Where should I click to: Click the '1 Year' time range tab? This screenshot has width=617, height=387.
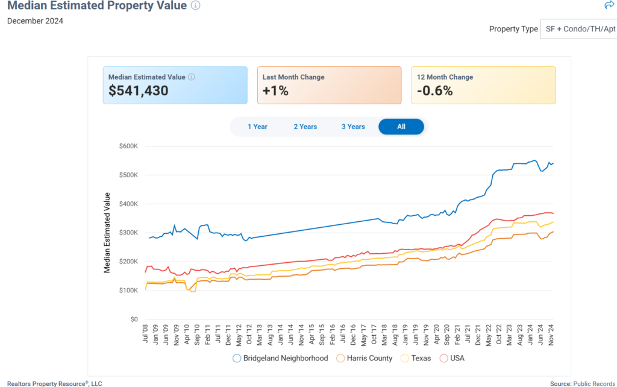coord(257,127)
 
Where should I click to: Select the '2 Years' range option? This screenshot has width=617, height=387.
coord(305,127)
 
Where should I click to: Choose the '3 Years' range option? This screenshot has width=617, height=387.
coord(353,127)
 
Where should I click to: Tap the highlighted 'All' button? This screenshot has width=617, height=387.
coord(401,127)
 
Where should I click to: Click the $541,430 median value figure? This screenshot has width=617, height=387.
coord(139,91)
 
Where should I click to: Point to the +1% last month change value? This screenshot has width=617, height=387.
coord(275,91)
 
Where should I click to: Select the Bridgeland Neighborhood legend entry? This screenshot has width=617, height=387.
coord(280,358)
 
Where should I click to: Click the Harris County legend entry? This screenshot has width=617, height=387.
coord(365,358)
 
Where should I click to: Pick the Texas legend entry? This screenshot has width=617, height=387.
coord(416,358)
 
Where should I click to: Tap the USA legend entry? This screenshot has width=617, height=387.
coord(452,358)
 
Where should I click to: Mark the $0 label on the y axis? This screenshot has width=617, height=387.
coord(134,319)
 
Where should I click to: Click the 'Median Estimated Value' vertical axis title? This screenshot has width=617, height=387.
coord(107,233)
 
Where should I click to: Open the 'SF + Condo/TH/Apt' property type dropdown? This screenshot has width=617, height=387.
coord(578,29)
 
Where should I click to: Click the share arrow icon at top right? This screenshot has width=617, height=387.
coord(609,5)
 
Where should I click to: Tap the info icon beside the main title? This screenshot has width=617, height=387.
coord(195,5)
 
